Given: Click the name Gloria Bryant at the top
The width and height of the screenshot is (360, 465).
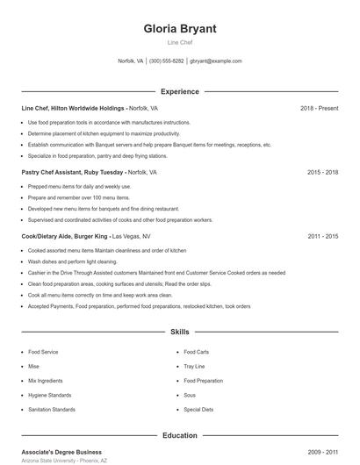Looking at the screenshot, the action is pyautogui.click(x=180, y=28).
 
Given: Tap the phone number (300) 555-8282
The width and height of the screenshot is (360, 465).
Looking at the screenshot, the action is pyautogui.click(x=167, y=61).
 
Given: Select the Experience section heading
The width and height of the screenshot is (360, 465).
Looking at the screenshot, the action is pyautogui.click(x=180, y=91).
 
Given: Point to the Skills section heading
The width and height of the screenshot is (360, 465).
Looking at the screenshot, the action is pyautogui.click(x=180, y=333).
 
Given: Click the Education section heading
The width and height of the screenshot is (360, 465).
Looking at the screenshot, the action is pyautogui.click(x=180, y=435).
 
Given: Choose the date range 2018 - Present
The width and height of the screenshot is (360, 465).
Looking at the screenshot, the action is pyautogui.click(x=319, y=108).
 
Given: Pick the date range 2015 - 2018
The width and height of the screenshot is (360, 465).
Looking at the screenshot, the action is pyautogui.click(x=322, y=172).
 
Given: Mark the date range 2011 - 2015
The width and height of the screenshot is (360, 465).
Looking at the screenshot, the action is pyautogui.click(x=322, y=236).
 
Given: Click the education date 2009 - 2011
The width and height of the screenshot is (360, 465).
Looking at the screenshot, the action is pyautogui.click(x=322, y=452).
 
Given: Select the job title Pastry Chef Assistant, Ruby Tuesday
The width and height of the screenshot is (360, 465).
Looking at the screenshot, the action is pyautogui.click(x=74, y=172).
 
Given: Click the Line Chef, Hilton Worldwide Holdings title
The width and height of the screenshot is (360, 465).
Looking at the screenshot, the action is pyautogui.click(x=74, y=108).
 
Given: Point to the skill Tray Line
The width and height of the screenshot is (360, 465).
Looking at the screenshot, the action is pyautogui.click(x=194, y=366).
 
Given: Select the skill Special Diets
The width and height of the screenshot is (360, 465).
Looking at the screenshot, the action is pyautogui.click(x=198, y=409).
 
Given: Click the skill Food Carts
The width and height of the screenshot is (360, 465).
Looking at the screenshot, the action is pyautogui.click(x=196, y=352).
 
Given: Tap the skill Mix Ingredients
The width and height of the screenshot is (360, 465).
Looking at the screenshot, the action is pyautogui.click(x=45, y=381).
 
